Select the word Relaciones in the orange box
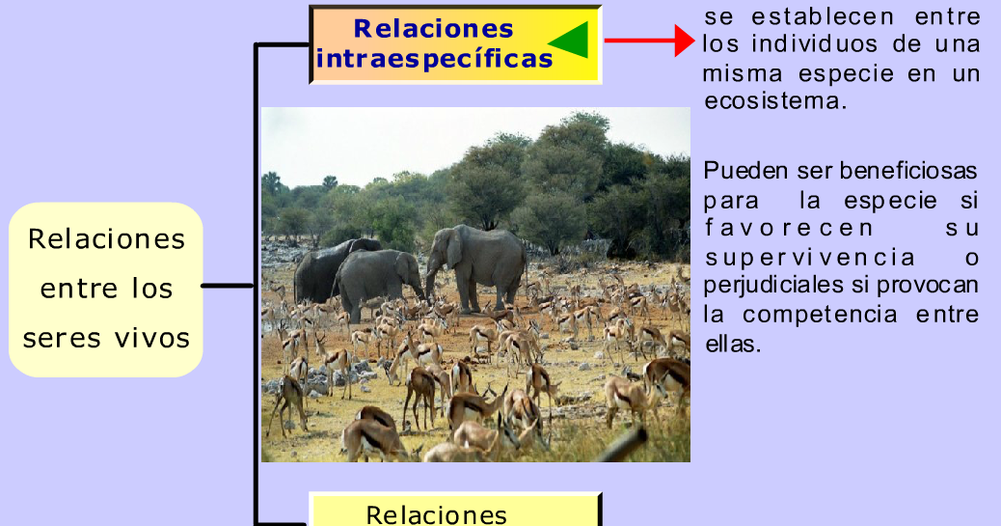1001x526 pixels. click(x=433, y=28)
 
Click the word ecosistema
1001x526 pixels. click(x=775, y=100)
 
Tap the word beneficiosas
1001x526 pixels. click(x=908, y=172)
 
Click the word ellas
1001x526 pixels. click(x=733, y=344)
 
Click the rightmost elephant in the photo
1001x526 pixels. click(x=479, y=265)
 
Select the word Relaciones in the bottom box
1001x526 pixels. click(x=436, y=513)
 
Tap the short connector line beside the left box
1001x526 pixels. click(x=229, y=286)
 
